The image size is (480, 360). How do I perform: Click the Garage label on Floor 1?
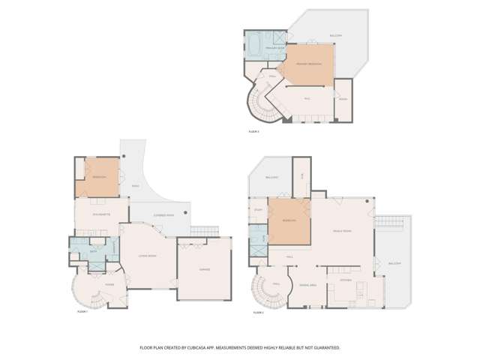[204, 269]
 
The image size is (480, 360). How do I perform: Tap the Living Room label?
[147, 257]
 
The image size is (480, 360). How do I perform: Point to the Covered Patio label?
[163, 215]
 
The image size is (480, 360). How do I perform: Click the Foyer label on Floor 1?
[109, 285]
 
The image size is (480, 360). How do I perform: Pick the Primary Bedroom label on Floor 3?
[309, 64]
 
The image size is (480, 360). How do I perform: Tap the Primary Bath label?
[274, 48]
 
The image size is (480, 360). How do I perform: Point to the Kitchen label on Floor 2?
[346, 280]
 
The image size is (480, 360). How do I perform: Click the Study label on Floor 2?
[258, 209]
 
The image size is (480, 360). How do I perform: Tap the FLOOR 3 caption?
[253, 131]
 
